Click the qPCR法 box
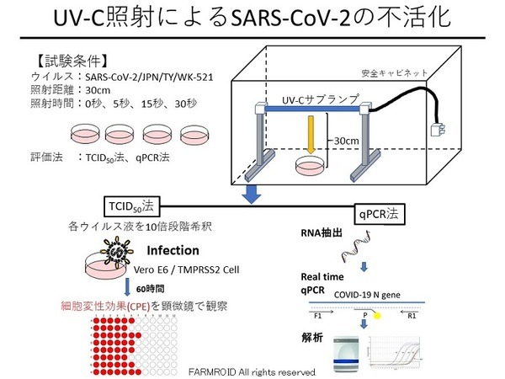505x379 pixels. point(380,215)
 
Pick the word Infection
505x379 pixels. point(173,250)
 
